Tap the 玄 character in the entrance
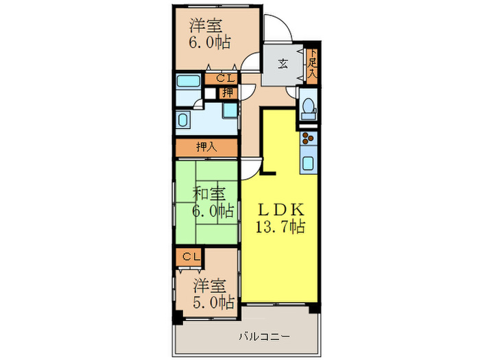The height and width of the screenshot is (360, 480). coord(283,65)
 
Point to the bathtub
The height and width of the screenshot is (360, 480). coord(187,83)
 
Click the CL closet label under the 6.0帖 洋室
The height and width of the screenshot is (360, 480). coord(226,79)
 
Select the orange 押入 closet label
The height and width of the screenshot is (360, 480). coord(206,147)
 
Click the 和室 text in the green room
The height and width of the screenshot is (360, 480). coord(206,193)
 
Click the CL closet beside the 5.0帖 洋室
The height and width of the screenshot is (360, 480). coord(191,257)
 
